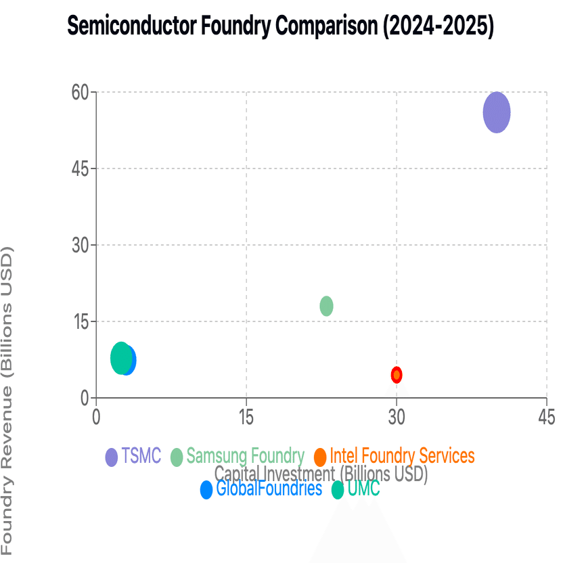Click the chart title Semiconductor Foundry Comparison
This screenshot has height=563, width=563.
pos(280,26)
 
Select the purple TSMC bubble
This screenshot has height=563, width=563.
pos(497,112)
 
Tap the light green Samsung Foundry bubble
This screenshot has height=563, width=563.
pos(326,306)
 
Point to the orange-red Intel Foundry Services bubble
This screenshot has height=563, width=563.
pos(397,374)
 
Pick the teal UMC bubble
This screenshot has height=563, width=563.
pos(120,358)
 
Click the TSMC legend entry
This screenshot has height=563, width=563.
pos(133,456)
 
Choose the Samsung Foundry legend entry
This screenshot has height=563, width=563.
pos(238,456)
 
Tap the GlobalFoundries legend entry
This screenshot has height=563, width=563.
pos(261,489)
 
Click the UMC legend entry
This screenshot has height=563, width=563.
pos(356,489)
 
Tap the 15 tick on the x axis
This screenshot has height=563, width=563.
pos(246,417)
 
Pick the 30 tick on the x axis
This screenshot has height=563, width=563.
pos(397,417)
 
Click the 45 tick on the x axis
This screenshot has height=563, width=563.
pos(546,417)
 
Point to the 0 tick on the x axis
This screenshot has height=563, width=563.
pos(96,417)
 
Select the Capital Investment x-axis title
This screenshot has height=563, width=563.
pos(321,473)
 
